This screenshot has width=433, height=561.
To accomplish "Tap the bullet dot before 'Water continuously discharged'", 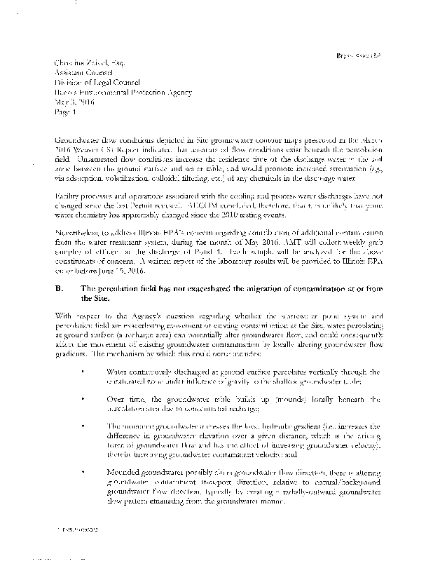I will tap(84, 370).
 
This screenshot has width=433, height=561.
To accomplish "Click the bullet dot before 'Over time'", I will tap(84, 399).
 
